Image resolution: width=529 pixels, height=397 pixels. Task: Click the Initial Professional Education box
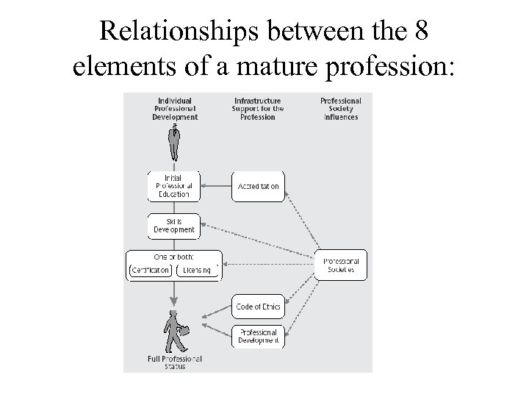click(174, 187)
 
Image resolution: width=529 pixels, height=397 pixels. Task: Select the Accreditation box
click(258, 187)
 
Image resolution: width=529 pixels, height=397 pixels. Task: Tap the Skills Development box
click(174, 226)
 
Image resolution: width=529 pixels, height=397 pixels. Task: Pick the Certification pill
click(151, 270)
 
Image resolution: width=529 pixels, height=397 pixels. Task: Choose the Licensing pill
click(198, 270)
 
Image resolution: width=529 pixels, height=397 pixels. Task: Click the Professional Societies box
click(340, 265)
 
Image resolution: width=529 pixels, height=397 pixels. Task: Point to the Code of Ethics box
click(258, 307)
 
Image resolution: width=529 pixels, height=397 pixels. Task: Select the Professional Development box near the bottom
click(258, 336)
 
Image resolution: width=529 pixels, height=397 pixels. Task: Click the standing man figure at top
click(174, 142)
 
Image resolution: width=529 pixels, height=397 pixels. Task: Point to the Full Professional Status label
click(174, 362)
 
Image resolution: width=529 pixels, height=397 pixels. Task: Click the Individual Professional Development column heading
click(175, 109)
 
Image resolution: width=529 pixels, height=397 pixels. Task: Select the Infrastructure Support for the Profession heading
click(257, 109)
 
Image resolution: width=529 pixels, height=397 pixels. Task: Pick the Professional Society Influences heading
click(341, 109)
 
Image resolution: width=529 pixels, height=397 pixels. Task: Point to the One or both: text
click(174, 257)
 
